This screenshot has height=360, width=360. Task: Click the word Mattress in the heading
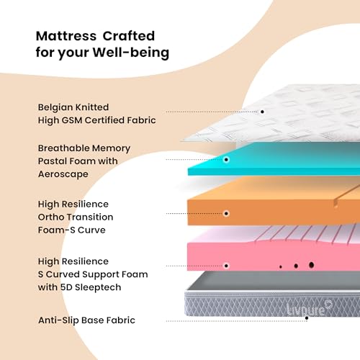pos(66,36)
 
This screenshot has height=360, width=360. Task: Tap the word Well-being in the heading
pos(131,53)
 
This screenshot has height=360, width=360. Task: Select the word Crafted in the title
pos(129,36)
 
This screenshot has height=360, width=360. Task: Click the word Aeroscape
pos(63,174)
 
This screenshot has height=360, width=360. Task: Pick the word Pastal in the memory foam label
pos(52,161)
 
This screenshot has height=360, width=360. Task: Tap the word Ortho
pos(51,217)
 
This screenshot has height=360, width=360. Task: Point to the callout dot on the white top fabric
pos(262,112)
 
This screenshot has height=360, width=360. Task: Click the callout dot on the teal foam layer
pos(226,160)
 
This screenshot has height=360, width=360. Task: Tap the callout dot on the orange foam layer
pos(226,213)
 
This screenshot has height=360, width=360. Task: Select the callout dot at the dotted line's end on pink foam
pos(226,266)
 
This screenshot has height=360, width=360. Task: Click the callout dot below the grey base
pos(307,318)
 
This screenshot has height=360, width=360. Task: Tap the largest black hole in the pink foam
pos(312,265)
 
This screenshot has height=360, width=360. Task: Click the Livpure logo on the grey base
pos(310,308)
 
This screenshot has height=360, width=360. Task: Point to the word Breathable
pos(63,148)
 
